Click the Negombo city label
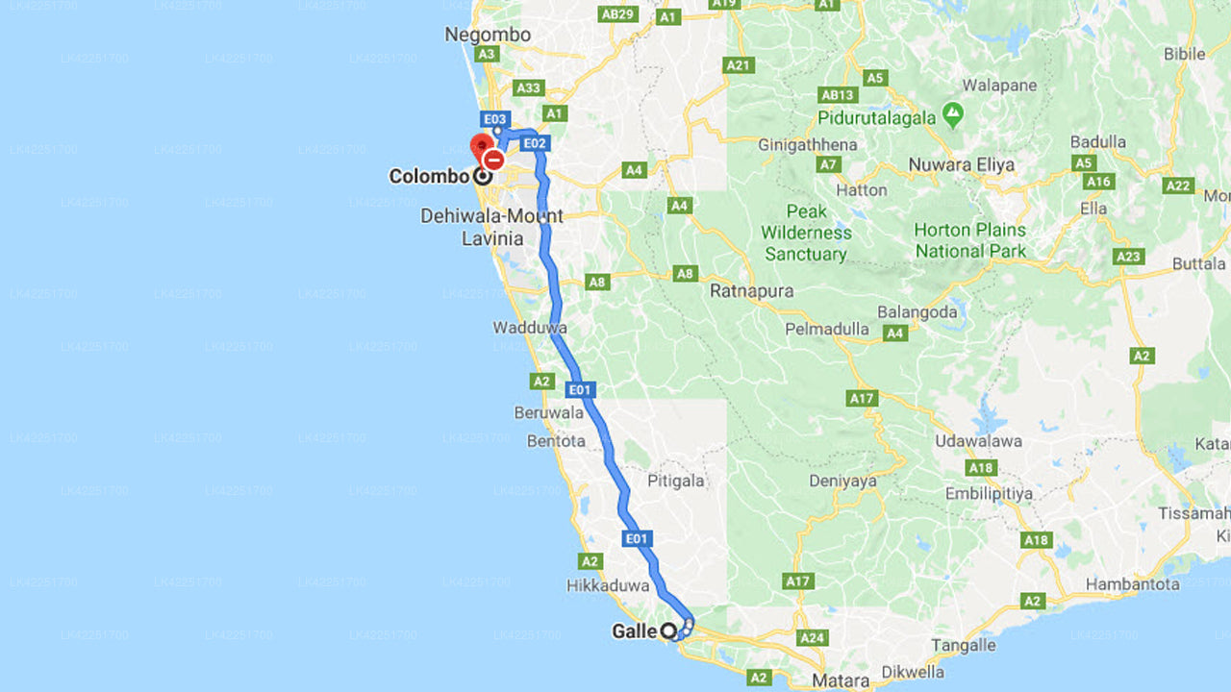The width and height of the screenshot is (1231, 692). click(488, 35)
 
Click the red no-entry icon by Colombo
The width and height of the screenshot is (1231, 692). click(493, 160)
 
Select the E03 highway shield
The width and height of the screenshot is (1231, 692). click(495, 119)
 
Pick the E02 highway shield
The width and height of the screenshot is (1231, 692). click(535, 143)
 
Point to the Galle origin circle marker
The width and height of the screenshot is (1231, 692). click(668, 631)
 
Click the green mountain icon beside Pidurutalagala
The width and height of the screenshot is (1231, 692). click(953, 115)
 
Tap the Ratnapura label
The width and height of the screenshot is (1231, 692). click(752, 290)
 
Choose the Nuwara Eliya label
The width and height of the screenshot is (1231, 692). click(962, 164)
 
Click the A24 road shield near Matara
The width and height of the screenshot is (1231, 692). click(814, 638)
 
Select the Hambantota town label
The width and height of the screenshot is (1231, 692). click(1132, 583)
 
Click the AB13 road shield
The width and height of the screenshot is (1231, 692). click(838, 94)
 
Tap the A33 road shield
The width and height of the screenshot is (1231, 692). click(528, 87)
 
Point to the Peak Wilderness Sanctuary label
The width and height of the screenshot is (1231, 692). click(806, 233)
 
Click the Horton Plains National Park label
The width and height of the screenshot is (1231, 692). click(969, 240)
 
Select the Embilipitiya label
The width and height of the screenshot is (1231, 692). click(989, 493)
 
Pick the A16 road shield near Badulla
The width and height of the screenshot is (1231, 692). click(1098, 182)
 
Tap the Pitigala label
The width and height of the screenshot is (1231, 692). click(676, 481)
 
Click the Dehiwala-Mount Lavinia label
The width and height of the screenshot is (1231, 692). click(491, 227)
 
